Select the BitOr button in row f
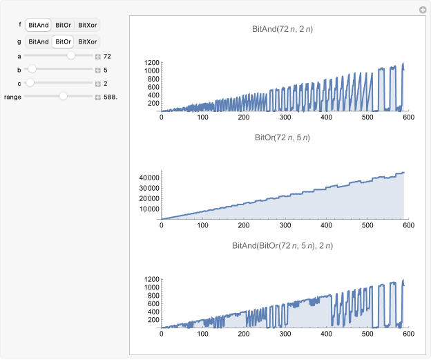[x=63, y=25]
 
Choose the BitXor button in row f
[x=88, y=25]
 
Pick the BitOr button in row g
[x=63, y=41]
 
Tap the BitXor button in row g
[x=88, y=41]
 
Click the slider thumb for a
[x=71, y=56]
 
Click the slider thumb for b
[x=32, y=69]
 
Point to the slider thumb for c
[x=30, y=83]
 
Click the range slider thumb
[x=63, y=97]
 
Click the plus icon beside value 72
[x=98, y=56]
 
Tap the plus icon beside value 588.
[x=98, y=97]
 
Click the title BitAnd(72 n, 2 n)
[x=282, y=30]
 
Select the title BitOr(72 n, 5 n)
[x=282, y=138]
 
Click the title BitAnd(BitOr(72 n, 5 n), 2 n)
[x=282, y=245]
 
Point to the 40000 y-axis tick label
[x=146, y=178]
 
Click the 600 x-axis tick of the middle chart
[x=408, y=225]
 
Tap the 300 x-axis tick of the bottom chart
[x=244, y=333]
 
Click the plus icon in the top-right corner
[x=423, y=10]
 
